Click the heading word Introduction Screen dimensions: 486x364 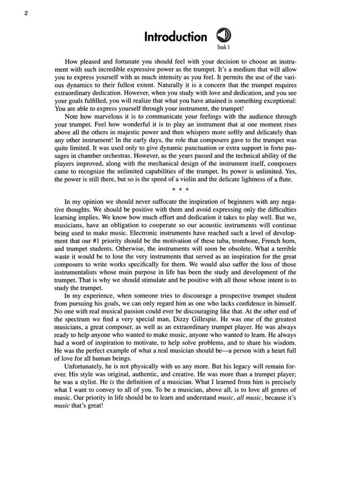click(175, 37)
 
